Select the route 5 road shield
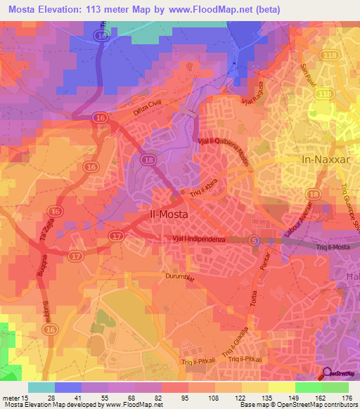point(254,240)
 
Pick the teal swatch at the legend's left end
point(41,387)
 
